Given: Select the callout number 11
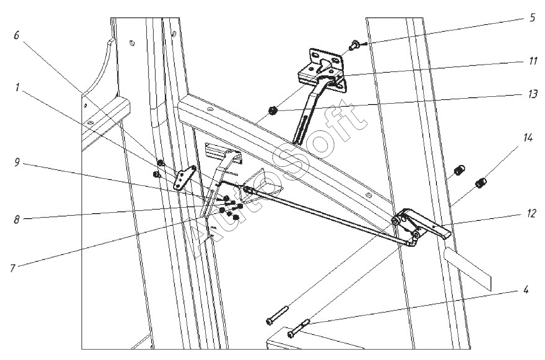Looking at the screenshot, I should click(x=532, y=60).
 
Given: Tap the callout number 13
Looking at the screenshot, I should click(x=532, y=94).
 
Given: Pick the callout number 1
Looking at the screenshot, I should click(x=16, y=89).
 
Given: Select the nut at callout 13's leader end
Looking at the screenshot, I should click(x=273, y=110).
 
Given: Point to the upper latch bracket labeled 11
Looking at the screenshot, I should click(x=320, y=68).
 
